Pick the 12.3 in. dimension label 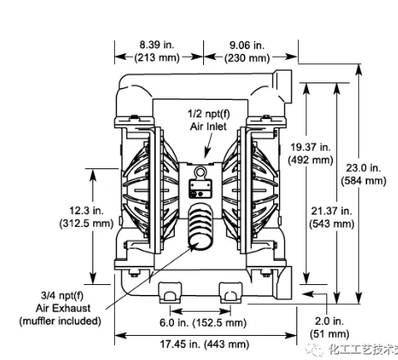coord(77,212)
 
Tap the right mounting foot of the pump coord(230,293)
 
